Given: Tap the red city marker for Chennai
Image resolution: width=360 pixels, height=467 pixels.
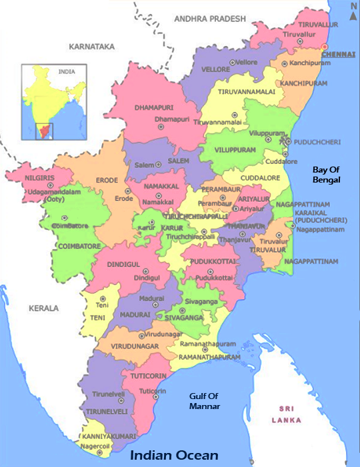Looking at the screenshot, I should pos(325,47).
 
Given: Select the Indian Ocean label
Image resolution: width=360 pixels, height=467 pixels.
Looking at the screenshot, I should pos(174,456).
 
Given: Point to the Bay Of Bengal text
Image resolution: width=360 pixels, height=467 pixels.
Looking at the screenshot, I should pos(327,175).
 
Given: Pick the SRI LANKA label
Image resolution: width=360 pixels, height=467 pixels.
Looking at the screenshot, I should pos(287,414).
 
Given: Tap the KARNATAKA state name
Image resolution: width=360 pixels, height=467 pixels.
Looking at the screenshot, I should pos(92,47).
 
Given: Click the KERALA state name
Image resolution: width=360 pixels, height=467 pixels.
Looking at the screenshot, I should pos(43,308).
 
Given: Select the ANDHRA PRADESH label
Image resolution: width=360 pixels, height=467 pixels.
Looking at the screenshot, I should pos(209,19).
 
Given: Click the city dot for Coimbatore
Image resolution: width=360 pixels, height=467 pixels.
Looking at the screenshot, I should pos(65,218).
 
